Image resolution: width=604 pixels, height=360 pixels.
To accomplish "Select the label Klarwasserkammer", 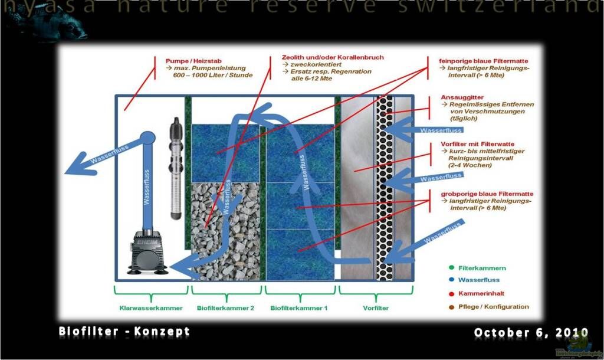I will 150,307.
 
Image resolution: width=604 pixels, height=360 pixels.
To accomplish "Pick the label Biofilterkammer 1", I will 298,307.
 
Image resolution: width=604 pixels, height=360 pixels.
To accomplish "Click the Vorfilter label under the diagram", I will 376,307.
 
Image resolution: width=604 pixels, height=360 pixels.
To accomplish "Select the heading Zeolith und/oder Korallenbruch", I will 333,58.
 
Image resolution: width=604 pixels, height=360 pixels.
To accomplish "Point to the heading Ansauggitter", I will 462,97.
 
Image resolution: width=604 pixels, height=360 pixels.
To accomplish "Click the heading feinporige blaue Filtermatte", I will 484,61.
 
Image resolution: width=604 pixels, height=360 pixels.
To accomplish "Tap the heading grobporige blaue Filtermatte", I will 487,194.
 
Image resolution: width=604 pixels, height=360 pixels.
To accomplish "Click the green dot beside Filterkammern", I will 451,268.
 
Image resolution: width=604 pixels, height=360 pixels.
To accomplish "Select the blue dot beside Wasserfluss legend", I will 451,280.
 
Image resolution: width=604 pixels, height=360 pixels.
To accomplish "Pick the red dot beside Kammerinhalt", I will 451,293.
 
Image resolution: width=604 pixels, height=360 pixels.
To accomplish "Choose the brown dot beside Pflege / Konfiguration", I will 451,306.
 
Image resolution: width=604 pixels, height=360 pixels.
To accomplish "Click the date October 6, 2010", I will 531,333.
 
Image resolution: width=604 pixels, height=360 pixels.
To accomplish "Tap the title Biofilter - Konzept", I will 124,332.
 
